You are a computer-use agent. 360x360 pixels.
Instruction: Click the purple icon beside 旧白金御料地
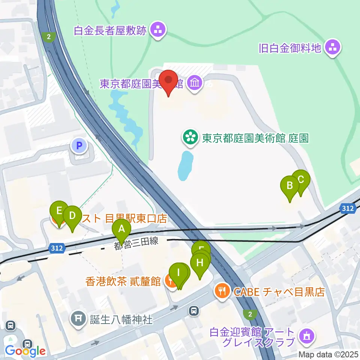pos(332,47)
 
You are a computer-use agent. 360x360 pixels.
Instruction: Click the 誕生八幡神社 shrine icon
pos(79,319)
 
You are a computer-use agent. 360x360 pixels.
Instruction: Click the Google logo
pos(25,351)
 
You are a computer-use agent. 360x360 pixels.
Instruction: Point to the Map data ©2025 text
pos(328,354)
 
